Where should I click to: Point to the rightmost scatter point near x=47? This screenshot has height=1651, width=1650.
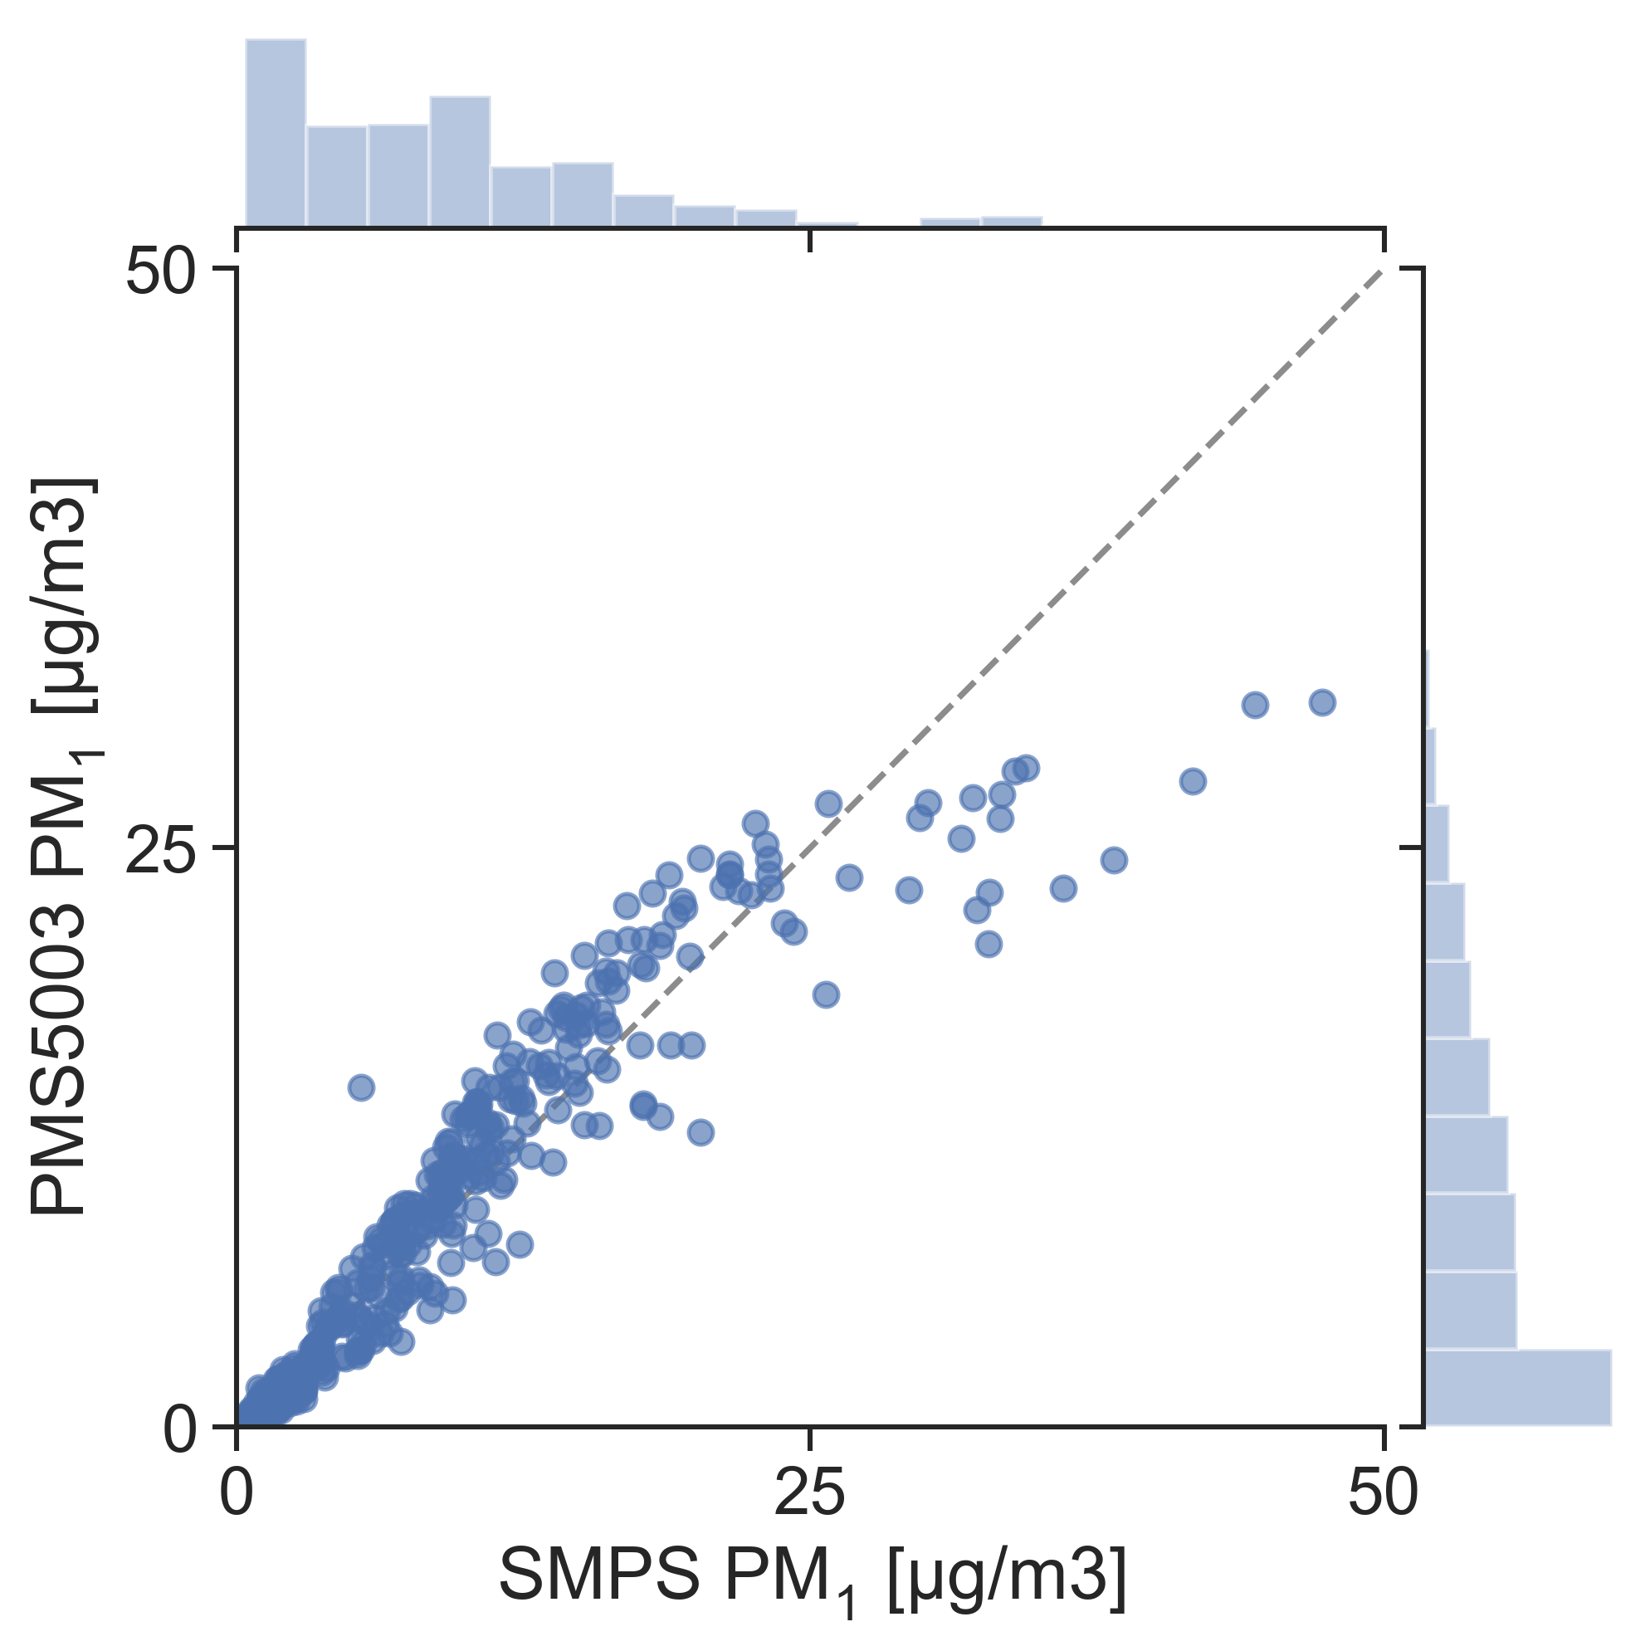pyautogui.click(x=1321, y=703)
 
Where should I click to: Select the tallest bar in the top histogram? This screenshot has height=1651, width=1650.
pyautogui.click(x=276, y=133)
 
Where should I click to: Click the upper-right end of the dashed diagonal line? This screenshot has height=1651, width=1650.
pyautogui.click(x=1381, y=271)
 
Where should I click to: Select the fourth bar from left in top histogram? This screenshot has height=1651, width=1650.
pyautogui.click(x=460, y=162)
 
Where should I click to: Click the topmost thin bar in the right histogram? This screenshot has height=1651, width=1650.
pyautogui.click(x=1427, y=689)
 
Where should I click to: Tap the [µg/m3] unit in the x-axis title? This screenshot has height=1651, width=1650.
pyautogui.click(x=1007, y=1574)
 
